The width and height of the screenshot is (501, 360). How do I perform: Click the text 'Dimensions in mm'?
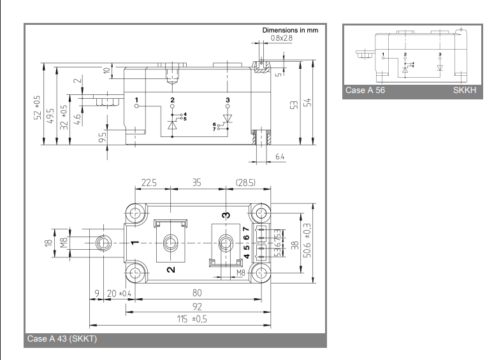290,30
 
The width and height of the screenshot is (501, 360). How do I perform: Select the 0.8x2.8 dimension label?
282,38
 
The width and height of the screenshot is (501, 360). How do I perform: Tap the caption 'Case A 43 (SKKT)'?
61,339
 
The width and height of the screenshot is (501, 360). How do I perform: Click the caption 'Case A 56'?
365,90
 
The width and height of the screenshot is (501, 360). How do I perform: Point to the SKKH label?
464,90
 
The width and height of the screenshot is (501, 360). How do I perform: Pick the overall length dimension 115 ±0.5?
192,319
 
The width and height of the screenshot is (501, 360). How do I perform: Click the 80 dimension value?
196,293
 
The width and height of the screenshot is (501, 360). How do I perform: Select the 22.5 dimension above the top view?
149,182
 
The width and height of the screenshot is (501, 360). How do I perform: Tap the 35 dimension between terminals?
196,182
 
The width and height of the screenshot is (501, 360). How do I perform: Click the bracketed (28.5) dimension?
245,182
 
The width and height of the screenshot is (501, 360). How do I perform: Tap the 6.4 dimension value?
280,157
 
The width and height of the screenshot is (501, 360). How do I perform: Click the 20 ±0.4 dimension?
119,293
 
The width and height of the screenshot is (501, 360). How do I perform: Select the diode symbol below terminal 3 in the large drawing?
228,119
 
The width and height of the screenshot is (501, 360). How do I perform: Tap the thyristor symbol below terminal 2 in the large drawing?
172,124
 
